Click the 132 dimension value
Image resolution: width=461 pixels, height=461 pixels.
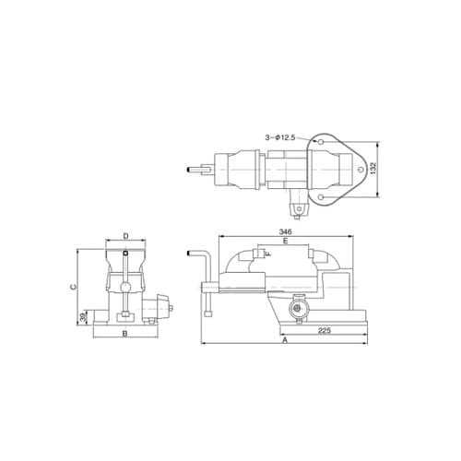click(x=373, y=169)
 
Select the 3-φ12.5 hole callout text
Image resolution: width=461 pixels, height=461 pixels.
click(x=280, y=137)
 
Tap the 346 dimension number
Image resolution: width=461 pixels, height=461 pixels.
click(x=285, y=231)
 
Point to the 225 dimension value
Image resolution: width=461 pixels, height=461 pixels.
click(x=325, y=330)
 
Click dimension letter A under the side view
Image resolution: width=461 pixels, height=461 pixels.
click(x=285, y=340)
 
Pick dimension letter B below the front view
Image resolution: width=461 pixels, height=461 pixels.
click(x=124, y=334)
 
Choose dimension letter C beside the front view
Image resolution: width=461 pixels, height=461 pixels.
click(x=73, y=287)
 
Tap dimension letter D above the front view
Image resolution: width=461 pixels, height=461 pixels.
click(x=125, y=236)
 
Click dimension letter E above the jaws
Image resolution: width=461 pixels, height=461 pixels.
click(x=285, y=241)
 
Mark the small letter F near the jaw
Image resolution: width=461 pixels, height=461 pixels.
click(x=268, y=254)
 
